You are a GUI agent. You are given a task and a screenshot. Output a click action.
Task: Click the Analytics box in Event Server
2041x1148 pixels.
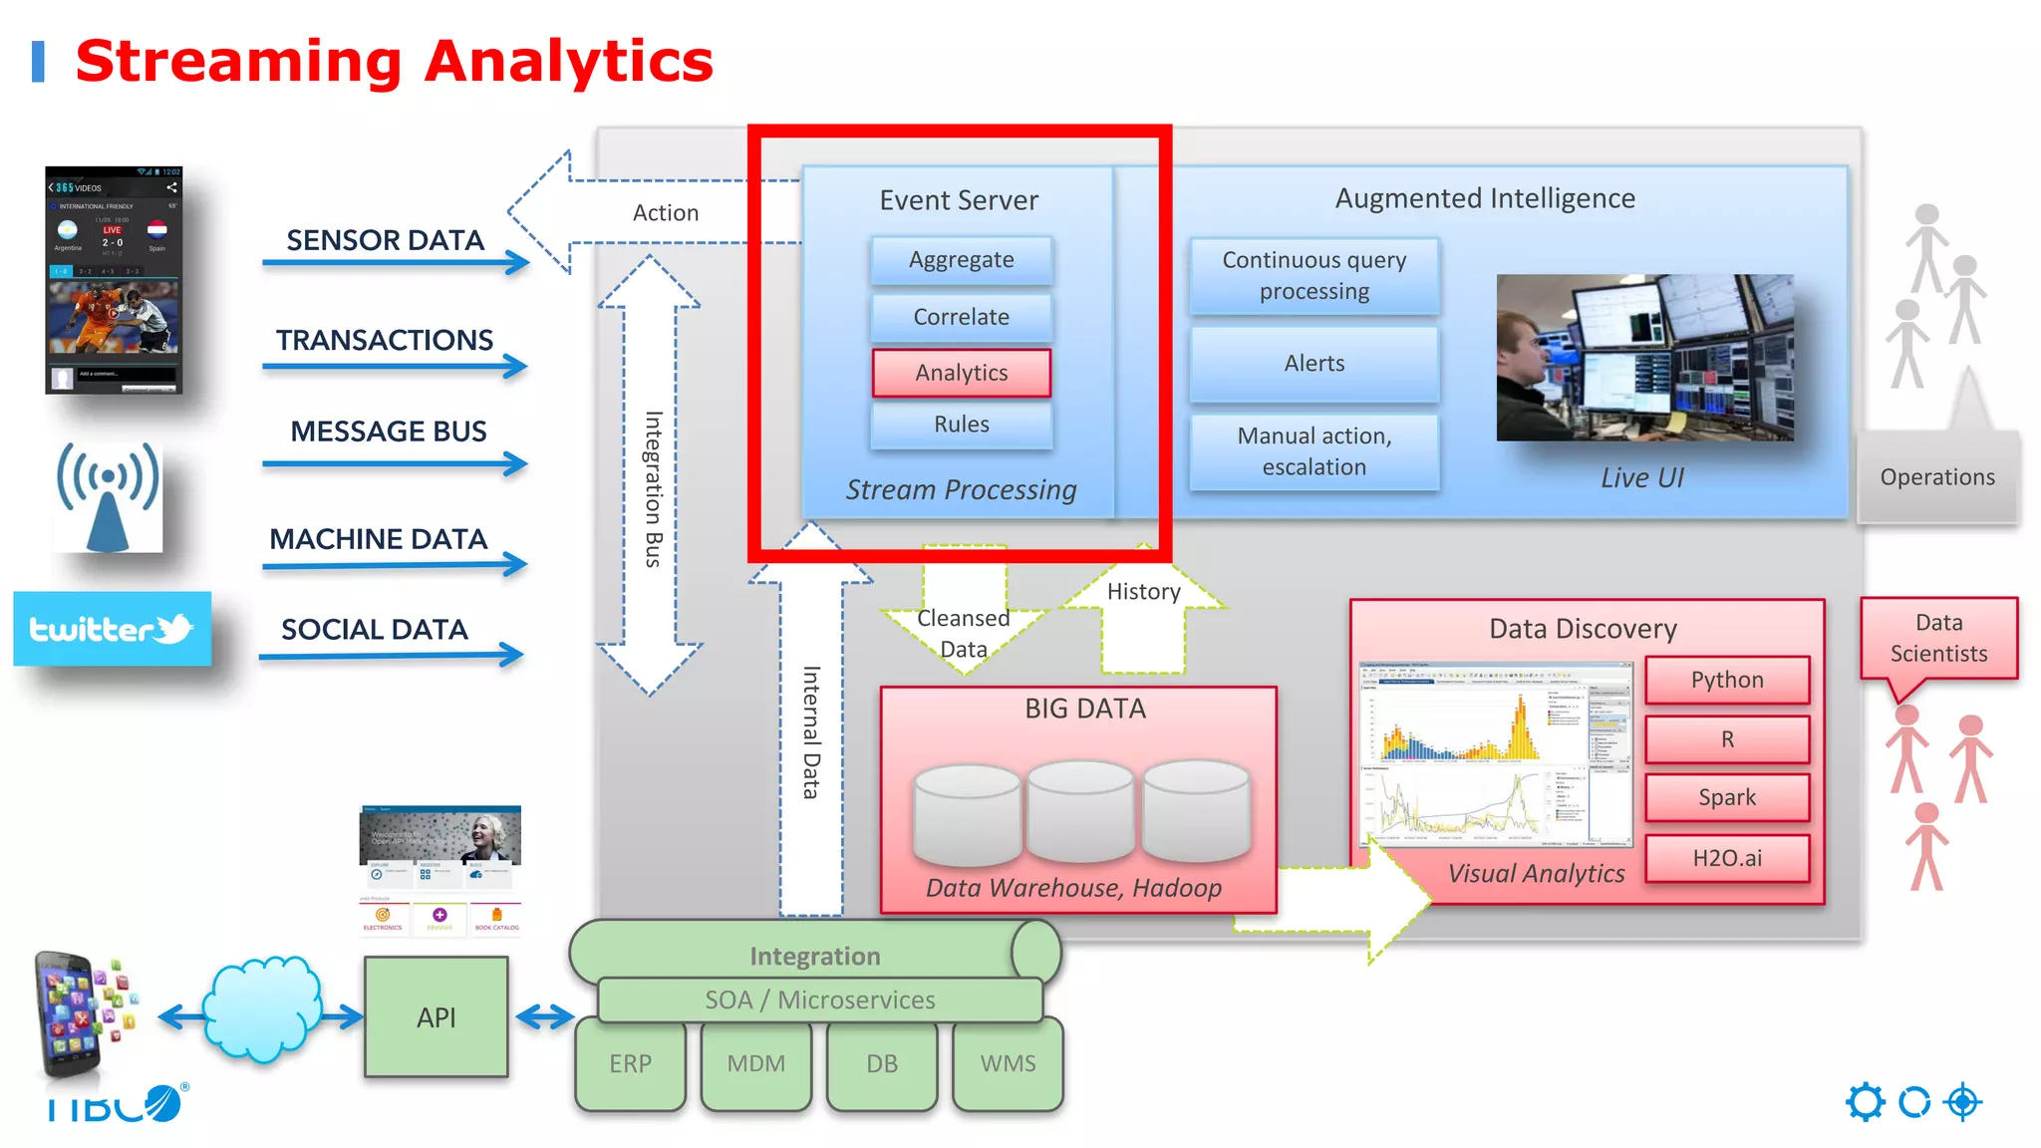(x=962, y=373)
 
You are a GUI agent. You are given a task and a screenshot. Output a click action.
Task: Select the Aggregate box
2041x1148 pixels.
(x=962, y=260)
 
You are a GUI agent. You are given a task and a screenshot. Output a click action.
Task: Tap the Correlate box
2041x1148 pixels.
(x=962, y=317)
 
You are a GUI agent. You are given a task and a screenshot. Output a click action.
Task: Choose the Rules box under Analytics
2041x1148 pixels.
(x=962, y=425)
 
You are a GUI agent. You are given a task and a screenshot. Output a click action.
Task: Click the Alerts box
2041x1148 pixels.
(x=1314, y=364)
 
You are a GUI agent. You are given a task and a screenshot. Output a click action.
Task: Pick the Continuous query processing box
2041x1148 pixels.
(x=1314, y=276)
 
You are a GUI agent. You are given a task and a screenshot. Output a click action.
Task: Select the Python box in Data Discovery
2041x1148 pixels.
(x=1727, y=680)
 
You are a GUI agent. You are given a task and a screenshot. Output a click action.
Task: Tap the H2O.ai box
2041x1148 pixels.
(x=1727, y=858)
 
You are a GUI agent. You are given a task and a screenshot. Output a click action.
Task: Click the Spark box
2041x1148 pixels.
(x=1727, y=797)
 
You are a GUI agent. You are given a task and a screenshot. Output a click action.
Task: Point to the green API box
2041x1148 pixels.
(x=437, y=1017)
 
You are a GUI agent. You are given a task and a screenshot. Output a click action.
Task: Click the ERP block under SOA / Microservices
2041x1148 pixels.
(x=630, y=1063)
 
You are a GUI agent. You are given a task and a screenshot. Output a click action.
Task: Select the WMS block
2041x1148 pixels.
(x=1008, y=1063)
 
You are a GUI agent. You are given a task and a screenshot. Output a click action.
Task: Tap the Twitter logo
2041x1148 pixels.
(x=112, y=629)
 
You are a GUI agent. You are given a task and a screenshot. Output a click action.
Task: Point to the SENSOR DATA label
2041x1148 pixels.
(x=385, y=240)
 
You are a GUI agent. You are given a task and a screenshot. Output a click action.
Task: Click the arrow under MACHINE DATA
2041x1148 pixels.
(x=395, y=565)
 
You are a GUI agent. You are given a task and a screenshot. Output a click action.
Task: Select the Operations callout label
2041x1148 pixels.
(x=1937, y=477)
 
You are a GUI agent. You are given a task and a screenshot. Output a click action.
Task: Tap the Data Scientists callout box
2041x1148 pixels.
(x=1938, y=639)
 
